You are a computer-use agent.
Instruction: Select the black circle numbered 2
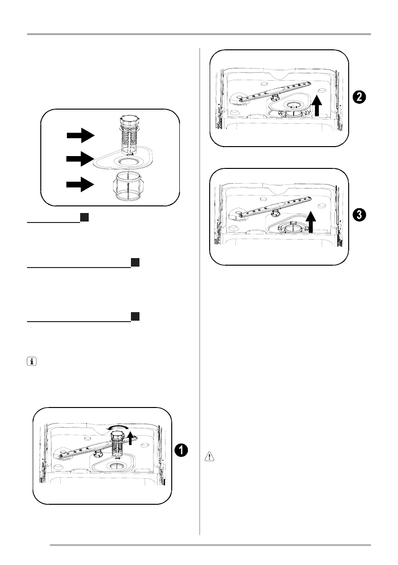point(359,97)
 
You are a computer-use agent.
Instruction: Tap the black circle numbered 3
point(359,214)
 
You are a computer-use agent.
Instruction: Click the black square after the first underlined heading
point(83,217)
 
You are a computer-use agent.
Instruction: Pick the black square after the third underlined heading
point(135,316)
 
